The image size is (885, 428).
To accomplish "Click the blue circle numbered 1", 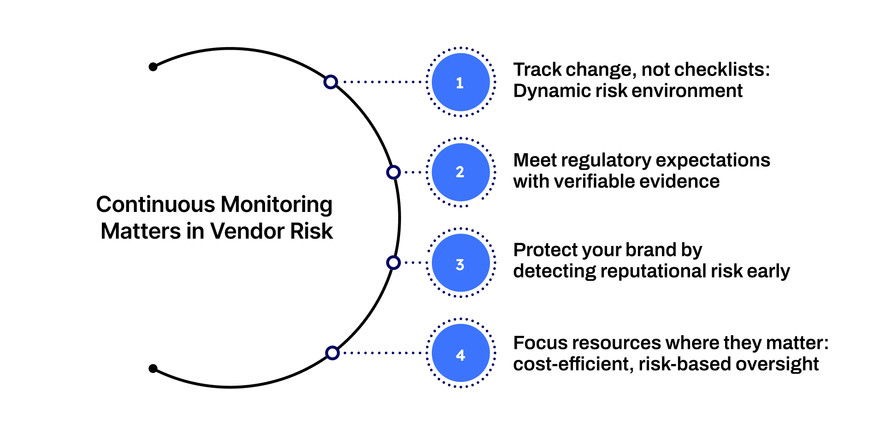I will tap(460, 82).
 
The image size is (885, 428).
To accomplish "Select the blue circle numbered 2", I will tap(460, 172).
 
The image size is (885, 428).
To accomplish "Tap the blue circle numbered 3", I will tap(460, 263).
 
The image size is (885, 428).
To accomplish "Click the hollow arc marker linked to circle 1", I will tap(330, 82).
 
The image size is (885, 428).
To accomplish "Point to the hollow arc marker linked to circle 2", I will tap(393, 172).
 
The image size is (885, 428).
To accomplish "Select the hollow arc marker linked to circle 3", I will tap(393, 263).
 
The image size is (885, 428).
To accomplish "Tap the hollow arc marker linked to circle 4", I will tap(332, 353).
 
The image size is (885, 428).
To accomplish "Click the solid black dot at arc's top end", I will tap(153, 67).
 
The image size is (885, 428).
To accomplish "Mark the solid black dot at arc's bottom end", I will tap(153, 369).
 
